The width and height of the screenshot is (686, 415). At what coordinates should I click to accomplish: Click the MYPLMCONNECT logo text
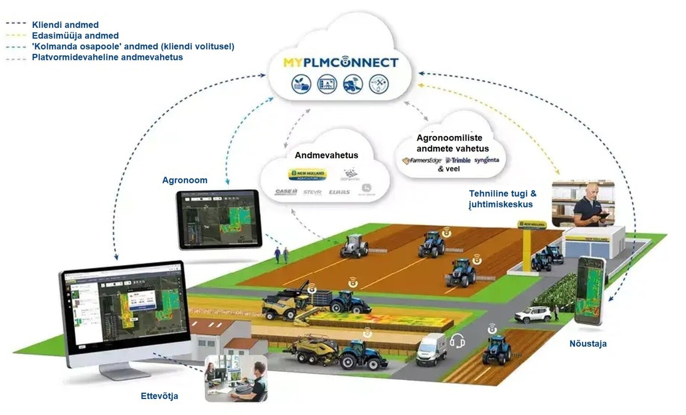pos(341,63)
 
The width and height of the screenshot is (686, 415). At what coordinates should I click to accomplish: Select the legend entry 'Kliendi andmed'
pos(65,25)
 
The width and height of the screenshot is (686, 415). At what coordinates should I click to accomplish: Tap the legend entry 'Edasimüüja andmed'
pos(75,36)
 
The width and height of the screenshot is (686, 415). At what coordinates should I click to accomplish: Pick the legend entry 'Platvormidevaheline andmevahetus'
pos(107,57)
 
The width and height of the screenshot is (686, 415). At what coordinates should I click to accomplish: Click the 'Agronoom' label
pos(185,180)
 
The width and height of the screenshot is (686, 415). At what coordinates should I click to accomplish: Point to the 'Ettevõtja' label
pos(159,396)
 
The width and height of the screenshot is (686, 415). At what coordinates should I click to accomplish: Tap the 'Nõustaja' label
pos(588,344)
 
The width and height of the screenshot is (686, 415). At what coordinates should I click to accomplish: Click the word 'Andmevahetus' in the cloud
pos(326,155)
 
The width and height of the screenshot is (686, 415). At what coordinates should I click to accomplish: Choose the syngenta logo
pos(487,160)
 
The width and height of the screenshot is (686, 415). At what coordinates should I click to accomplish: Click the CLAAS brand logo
pos(339,192)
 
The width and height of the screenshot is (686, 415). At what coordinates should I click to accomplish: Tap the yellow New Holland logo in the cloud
pos(307,174)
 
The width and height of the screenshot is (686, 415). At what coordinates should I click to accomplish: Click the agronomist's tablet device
pos(219,219)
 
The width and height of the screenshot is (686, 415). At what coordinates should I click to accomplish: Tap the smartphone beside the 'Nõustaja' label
pos(590,291)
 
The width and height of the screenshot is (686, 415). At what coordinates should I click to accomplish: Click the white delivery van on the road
pos(431,350)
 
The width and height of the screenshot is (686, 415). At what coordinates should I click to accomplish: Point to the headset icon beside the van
pos(457,341)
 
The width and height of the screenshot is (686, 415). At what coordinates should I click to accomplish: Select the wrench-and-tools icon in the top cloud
pos(379,84)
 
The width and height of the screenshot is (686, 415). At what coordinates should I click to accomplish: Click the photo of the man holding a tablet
pos(583,204)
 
